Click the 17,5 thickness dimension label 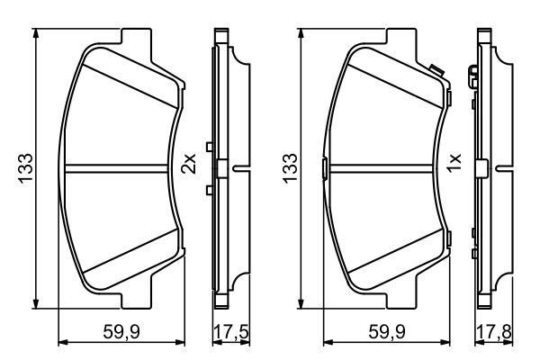click(x=231, y=332)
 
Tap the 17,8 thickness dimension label click(x=494, y=332)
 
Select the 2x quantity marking click(x=188, y=163)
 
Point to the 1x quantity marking click(x=454, y=163)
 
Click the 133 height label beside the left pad click(x=25, y=168)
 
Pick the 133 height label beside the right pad click(x=290, y=168)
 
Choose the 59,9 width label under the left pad click(x=121, y=332)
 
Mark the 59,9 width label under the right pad click(x=387, y=332)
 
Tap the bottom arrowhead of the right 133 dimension click(x=301, y=303)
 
